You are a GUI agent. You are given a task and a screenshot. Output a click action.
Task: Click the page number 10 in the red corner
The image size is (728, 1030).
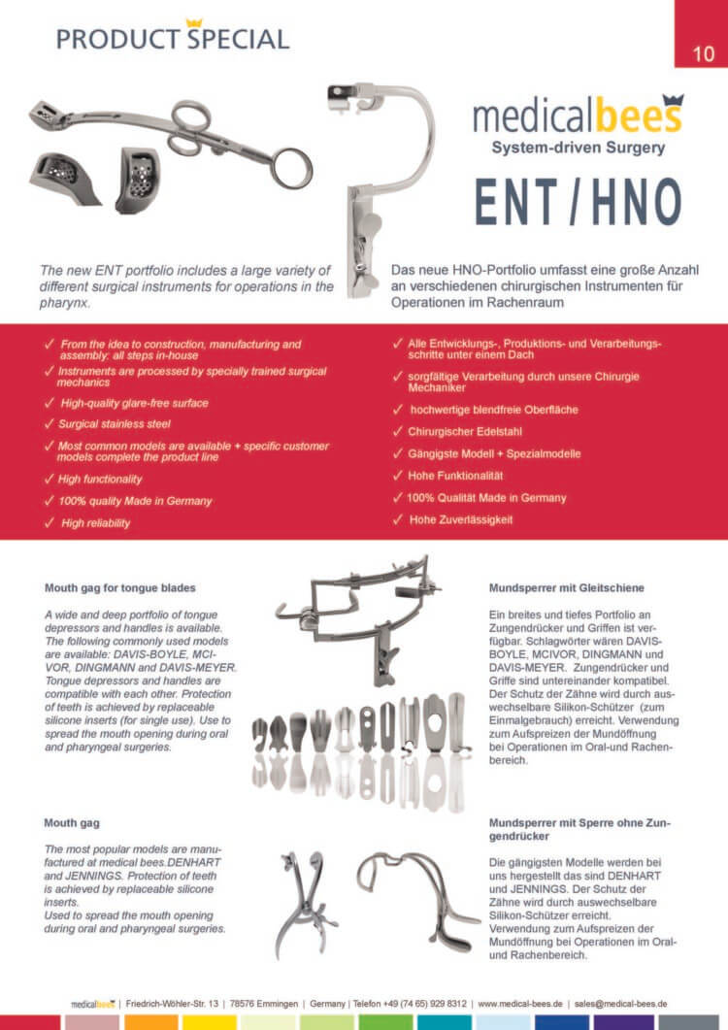705,53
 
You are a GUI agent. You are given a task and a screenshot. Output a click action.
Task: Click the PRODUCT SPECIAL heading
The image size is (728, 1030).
172,39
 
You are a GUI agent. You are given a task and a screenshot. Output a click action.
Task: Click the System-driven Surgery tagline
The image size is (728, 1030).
578,149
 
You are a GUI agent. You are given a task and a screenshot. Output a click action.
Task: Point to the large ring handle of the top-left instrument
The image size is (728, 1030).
290,167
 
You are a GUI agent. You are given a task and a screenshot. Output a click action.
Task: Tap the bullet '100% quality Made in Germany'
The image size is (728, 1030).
136,501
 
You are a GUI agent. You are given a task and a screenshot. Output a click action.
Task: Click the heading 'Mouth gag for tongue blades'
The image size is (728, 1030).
120,587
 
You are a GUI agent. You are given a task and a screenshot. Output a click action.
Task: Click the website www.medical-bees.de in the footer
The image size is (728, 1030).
521,1003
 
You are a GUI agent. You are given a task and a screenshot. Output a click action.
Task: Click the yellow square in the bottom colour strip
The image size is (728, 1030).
210,1022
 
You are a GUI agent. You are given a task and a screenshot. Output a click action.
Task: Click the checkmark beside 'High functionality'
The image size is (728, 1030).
50,479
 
